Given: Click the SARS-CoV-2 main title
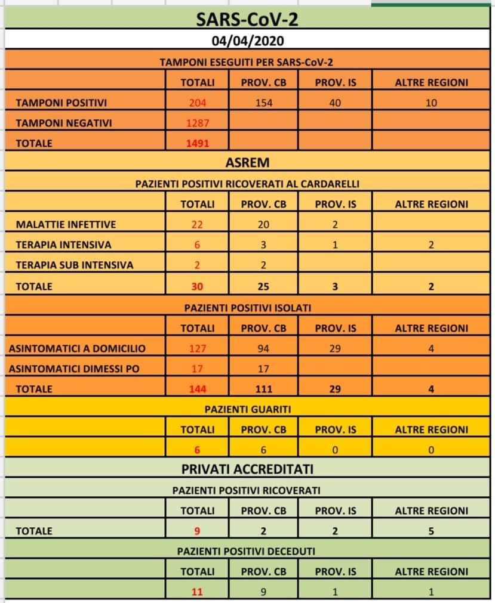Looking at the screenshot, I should tap(247, 20).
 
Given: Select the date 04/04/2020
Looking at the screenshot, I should tap(247, 41).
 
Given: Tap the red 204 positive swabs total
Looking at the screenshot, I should tap(198, 103).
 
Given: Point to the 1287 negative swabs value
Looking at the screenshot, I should tap(198, 123).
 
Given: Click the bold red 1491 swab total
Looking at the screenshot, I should tap(198, 143).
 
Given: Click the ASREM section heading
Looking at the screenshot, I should tap(247, 162).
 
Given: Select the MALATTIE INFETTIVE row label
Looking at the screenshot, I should tap(66, 224).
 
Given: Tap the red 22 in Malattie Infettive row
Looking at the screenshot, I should tap(198, 224).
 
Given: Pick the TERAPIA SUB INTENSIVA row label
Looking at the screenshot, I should tap(75, 265).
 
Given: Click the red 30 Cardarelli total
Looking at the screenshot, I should tap(198, 286).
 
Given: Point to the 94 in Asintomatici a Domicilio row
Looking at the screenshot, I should tap(263, 348).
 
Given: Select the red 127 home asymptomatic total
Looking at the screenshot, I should tap(198, 348).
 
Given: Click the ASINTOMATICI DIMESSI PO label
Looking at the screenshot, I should tap(74, 369).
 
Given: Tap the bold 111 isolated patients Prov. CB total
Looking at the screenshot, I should tap(263, 389).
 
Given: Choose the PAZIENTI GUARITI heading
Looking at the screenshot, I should tap(247, 409).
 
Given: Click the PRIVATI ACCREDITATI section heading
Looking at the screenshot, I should tap(247, 469).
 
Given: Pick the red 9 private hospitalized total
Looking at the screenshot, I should tap(198, 531).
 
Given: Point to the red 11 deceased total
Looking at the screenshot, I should tap(198, 592).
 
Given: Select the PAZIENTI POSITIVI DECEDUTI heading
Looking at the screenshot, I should tap(247, 551).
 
